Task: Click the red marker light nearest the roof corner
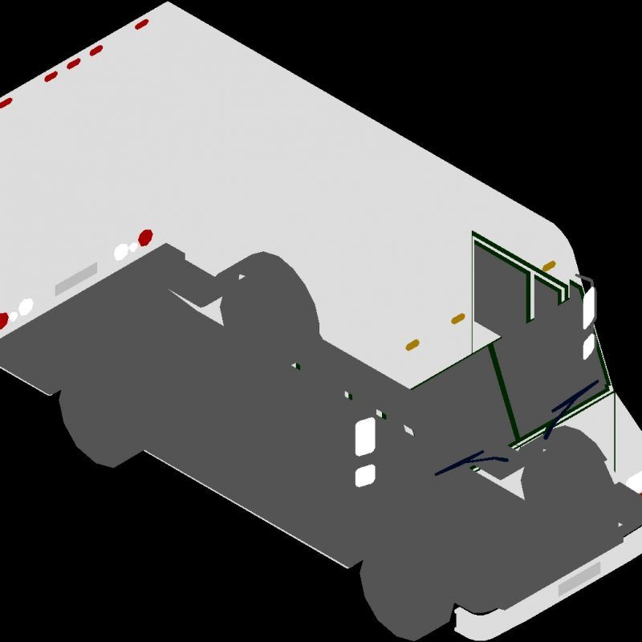click(x=142, y=24)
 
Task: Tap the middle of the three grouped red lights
click(x=73, y=63)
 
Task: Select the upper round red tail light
click(x=145, y=238)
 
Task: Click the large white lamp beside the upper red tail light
click(x=122, y=251)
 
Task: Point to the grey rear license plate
click(x=76, y=277)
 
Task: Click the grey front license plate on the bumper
click(x=579, y=578)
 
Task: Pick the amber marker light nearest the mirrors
click(x=549, y=266)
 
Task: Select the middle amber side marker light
click(x=457, y=319)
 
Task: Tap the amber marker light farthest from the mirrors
click(x=412, y=345)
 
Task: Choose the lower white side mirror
click(x=588, y=346)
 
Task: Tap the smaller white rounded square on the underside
click(x=365, y=474)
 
